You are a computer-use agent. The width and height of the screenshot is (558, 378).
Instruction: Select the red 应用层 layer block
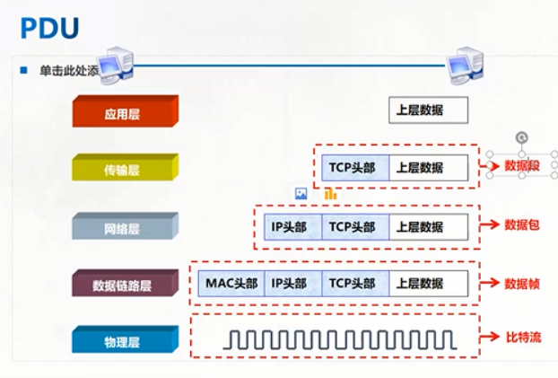pyautogui.click(x=125, y=113)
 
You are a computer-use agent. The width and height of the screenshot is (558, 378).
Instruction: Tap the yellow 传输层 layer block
pyautogui.click(x=125, y=169)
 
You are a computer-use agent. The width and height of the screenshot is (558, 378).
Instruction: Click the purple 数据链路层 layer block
pyautogui.click(x=125, y=285)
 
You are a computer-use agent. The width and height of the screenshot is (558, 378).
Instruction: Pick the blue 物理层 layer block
pyautogui.click(x=125, y=341)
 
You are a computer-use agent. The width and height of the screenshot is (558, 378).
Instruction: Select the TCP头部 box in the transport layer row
pyautogui.click(x=354, y=167)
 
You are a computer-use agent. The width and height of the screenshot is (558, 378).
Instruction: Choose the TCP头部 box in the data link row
pyautogui.click(x=354, y=284)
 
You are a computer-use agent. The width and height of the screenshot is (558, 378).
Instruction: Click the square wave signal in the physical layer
pyautogui.click(x=339, y=338)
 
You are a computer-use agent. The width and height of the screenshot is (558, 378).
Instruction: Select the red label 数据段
pyautogui.click(x=521, y=166)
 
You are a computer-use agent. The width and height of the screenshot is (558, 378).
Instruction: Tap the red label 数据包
pyautogui.click(x=521, y=224)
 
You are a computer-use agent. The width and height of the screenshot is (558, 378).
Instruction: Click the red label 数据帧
pyautogui.click(x=521, y=283)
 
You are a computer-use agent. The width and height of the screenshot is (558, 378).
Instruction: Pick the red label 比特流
pyautogui.click(x=521, y=338)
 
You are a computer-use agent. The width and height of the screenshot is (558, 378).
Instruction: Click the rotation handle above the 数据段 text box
pyautogui.click(x=522, y=137)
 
